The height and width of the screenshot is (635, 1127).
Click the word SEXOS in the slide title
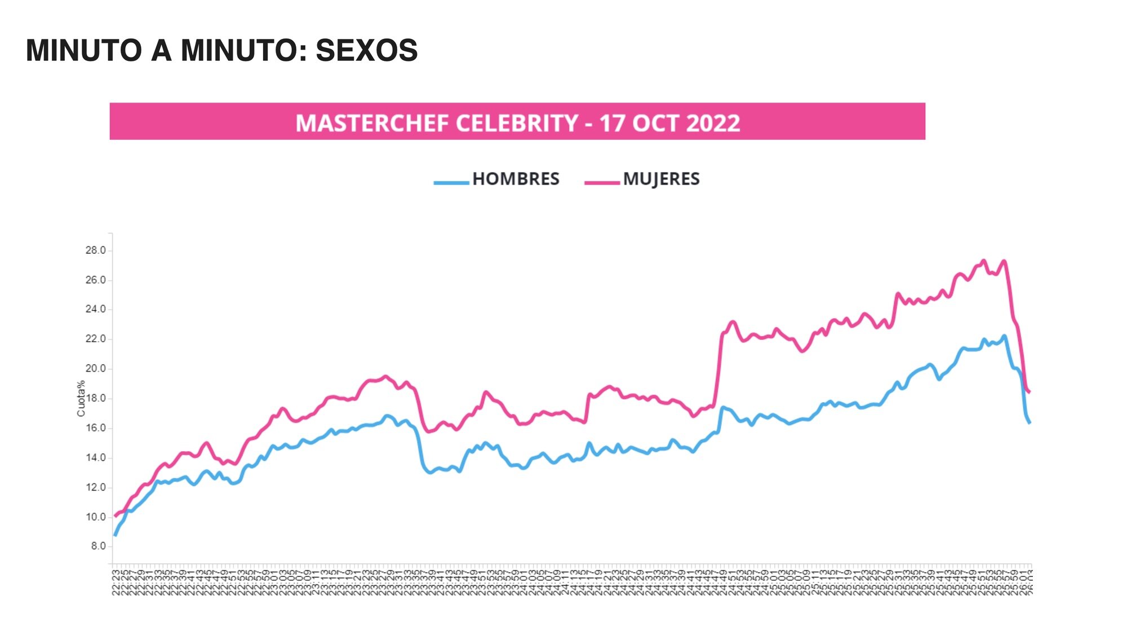point(366,51)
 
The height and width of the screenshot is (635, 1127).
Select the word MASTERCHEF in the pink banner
point(372,123)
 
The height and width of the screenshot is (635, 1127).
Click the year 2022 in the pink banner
point(713,123)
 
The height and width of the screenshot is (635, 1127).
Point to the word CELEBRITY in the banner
point(517,123)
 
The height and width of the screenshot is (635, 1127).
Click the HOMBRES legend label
point(516,179)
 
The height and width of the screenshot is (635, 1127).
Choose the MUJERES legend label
point(661,179)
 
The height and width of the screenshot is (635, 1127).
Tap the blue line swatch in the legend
point(451,182)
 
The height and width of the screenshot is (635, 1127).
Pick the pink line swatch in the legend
point(602,182)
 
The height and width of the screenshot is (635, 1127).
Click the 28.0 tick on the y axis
point(95,250)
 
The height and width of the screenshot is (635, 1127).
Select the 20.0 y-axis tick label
point(95,369)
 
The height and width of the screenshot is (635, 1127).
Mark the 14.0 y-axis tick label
point(95,457)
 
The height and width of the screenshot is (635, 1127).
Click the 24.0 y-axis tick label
point(95,310)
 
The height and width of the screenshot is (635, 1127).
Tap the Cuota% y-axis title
point(81,398)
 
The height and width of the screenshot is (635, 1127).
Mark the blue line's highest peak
point(1004,336)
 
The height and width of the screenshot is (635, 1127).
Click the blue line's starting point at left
point(115,535)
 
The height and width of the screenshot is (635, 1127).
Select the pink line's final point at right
point(1030,392)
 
